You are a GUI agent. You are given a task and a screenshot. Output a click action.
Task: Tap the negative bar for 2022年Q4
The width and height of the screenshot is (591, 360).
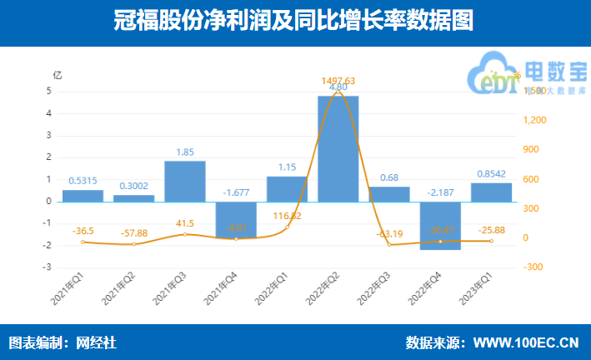[440, 225]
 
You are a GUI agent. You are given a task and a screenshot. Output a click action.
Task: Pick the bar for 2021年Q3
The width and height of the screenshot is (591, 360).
[185, 181]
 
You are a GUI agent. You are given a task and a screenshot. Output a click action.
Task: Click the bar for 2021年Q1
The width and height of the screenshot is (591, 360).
[83, 196]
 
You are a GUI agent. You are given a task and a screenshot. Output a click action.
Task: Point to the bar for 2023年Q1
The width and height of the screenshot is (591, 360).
[492, 192]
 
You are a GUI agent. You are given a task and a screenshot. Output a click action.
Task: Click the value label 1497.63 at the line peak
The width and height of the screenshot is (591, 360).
[338, 81]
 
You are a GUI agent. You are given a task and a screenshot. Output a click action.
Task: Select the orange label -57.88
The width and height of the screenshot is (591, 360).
[133, 232]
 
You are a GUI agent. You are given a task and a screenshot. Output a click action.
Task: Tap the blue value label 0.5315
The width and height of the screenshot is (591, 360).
[83, 180]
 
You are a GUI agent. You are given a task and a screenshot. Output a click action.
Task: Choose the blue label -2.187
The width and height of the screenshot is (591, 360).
[440, 192]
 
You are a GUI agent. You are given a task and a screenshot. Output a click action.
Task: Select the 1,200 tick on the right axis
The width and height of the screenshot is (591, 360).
[534, 120]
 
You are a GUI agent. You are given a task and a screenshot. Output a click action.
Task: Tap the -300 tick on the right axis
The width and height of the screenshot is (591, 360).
[533, 267]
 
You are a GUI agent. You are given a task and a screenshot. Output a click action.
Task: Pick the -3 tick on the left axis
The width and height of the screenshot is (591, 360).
[49, 267]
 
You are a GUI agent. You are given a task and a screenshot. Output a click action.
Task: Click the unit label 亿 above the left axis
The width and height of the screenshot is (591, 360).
[57, 74]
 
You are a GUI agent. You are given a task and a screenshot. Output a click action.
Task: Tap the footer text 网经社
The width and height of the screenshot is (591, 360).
[97, 342]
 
